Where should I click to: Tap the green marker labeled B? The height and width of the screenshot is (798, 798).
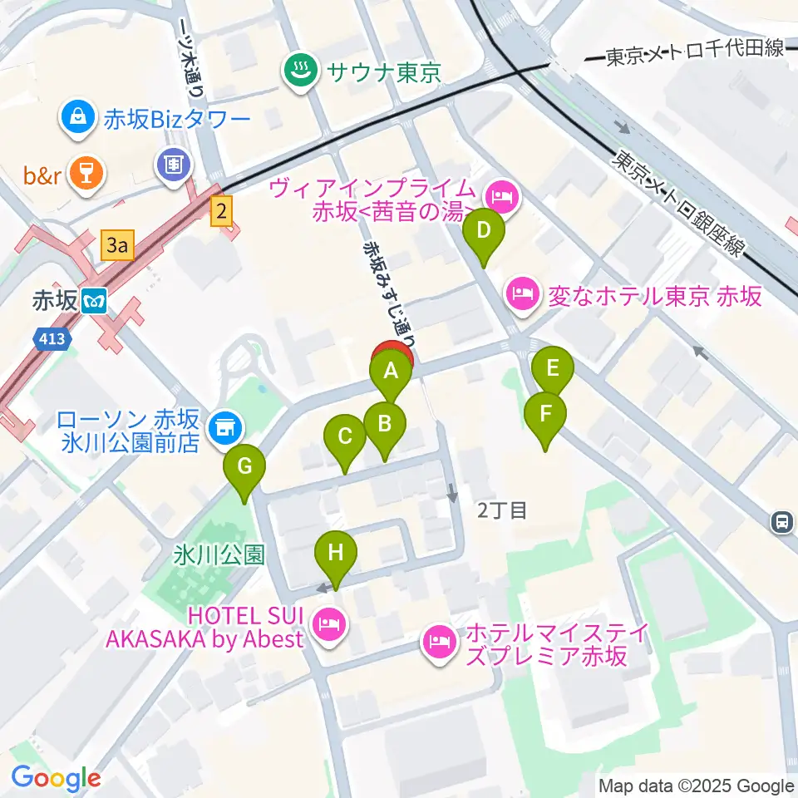384,424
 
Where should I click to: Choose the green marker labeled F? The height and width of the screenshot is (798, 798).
545,413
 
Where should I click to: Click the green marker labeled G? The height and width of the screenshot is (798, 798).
244,467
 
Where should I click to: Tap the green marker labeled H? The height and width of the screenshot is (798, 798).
336,554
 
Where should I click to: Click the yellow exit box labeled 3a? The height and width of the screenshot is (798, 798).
116,245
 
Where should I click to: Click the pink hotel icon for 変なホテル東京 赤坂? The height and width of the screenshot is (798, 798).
521,294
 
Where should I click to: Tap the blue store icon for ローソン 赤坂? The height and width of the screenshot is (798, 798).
223,429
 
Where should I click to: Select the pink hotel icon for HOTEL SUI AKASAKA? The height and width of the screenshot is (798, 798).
329,623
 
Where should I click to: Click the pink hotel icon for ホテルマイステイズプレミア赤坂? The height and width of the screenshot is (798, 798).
438,641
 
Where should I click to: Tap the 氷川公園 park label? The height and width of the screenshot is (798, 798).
219,555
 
